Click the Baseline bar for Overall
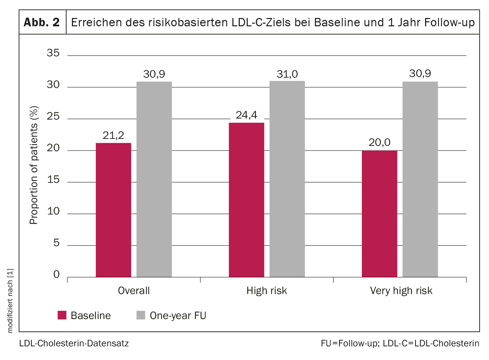pos(114,210)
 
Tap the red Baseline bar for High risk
pos(246,200)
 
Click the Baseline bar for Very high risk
pos(379,213)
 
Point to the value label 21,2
pos(113,135)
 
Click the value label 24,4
pos(246,115)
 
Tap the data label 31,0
pos(287,74)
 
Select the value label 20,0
pos(379,143)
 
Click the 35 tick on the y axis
pos(53,53)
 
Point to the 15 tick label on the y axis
pos(53,180)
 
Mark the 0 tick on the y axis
pos(57,274)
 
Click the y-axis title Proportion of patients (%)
pos(34,165)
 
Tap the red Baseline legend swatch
pos(62,315)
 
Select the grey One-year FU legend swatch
pos(141,315)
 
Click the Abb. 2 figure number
pos(42,22)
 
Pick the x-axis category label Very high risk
pos(401,291)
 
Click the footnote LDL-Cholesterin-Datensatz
pos(74,343)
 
